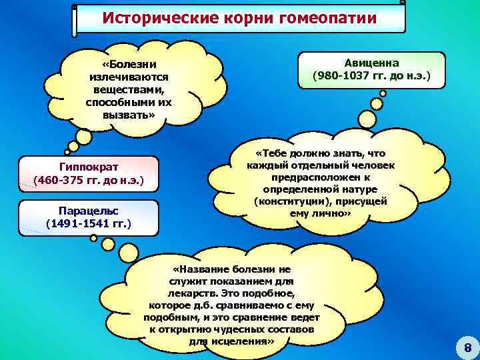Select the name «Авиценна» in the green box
[371, 62]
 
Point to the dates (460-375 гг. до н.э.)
[89, 181]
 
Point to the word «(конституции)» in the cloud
[288, 201]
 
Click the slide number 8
[467, 347]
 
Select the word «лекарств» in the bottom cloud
[193, 293]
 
